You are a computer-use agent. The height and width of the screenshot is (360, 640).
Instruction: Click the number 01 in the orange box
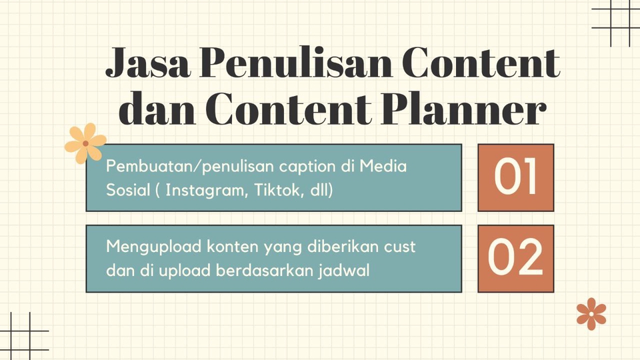tap(515, 177)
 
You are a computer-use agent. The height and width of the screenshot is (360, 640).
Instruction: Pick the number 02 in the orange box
tap(515, 259)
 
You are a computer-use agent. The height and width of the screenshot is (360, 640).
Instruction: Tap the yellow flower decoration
tap(85, 143)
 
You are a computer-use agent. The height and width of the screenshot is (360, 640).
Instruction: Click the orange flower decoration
tap(591, 313)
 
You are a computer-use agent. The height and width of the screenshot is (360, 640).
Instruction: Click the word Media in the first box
tap(383, 166)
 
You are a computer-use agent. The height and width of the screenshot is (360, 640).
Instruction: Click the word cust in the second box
tap(399, 247)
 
